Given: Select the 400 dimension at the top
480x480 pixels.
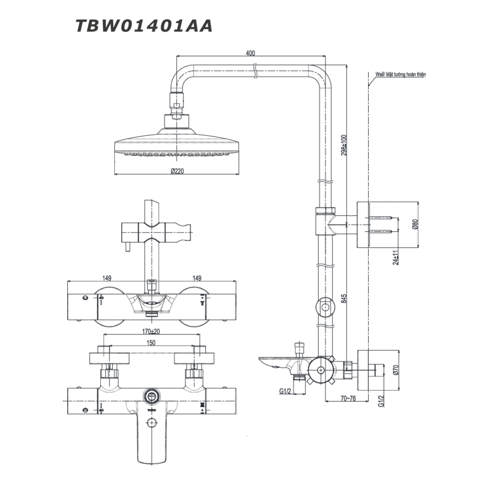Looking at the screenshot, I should pyautogui.click(x=250, y=53).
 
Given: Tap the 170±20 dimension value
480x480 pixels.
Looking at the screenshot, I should pyautogui.click(x=152, y=331).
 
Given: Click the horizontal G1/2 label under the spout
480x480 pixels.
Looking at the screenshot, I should pyautogui.click(x=286, y=391).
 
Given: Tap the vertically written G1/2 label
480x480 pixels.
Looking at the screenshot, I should pyautogui.click(x=381, y=401).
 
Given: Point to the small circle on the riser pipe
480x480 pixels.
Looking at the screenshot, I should pyautogui.click(x=325, y=307).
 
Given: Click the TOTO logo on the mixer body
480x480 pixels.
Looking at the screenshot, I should pyautogui.click(x=152, y=411).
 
